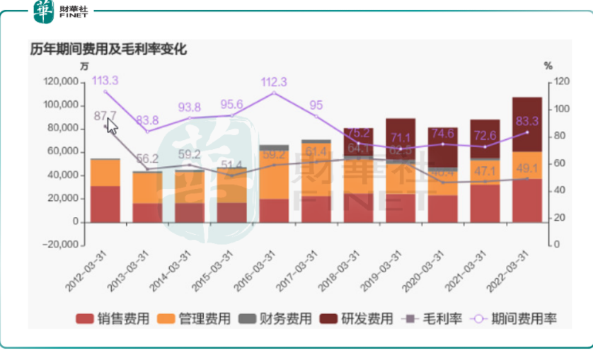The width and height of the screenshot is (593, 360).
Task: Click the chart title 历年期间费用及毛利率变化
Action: [x=108, y=50]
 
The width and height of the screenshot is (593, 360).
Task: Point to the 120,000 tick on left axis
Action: [x=62, y=82]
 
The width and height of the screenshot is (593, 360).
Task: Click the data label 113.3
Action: [x=105, y=80]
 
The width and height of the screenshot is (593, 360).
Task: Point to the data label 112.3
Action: [x=274, y=81]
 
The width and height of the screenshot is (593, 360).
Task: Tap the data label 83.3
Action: [x=527, y=120]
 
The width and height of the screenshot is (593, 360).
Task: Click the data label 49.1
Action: [x=527, y=168]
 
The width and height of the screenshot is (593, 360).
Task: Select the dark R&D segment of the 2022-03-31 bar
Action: [x=527, y=124]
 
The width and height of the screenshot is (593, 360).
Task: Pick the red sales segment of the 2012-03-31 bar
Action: [x=105, y=204]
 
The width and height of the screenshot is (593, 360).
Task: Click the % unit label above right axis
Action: [x=548, y=66]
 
